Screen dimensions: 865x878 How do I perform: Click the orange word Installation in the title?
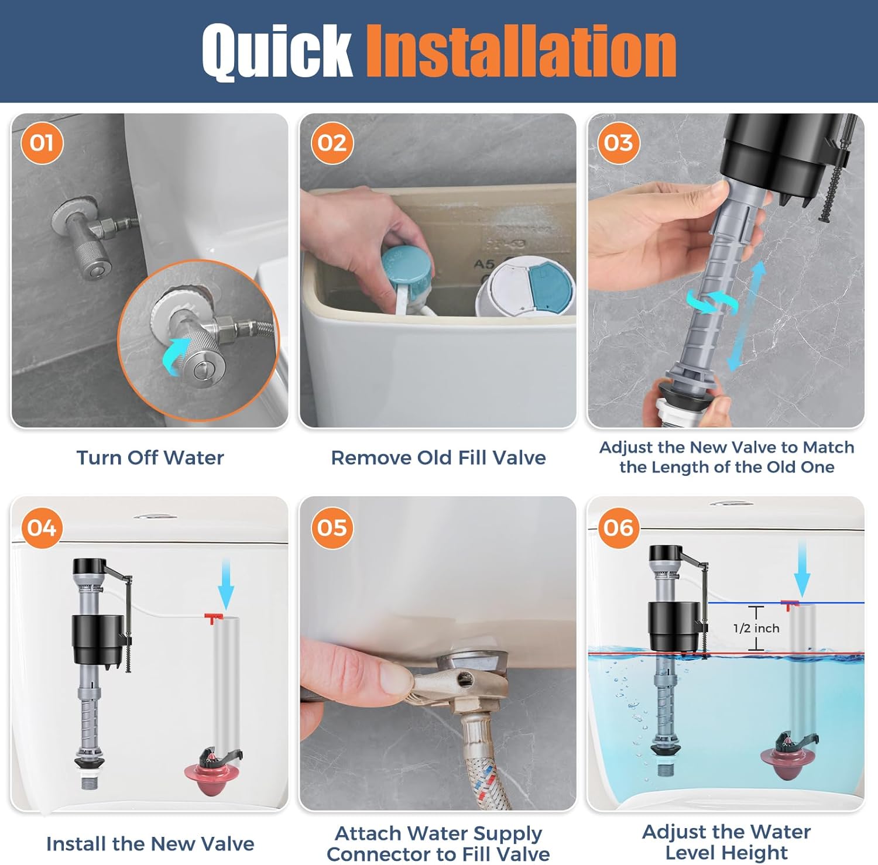pos(521,52)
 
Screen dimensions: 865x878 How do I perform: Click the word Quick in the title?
pos(276,52)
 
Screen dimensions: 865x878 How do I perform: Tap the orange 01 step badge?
pos(42,143)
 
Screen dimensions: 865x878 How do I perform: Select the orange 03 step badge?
pos(618,143)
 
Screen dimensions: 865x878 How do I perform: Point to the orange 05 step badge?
pos(332,528)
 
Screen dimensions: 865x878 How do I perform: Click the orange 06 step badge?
pos(618,528)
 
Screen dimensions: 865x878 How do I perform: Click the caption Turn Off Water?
pos(150,458)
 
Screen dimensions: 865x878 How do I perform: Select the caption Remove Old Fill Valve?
pos(438,458)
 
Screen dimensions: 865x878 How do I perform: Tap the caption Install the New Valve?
pos(150,844)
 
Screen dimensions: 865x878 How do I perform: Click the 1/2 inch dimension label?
pos(756,629)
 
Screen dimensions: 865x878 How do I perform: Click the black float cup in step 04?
pos(98,639)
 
